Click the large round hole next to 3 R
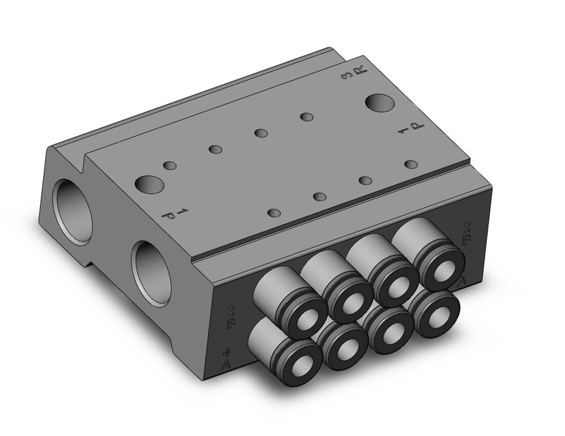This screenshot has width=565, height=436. coord(379,102)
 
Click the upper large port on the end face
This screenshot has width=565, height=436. coord(73,205)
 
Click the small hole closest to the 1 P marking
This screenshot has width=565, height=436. coord(410,164)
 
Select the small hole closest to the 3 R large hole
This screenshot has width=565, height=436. coord(306,117)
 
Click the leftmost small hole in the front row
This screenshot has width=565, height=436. coord(274,213)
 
